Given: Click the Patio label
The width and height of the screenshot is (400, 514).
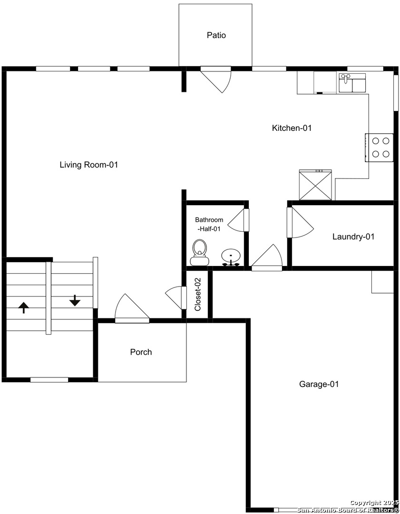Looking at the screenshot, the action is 216,35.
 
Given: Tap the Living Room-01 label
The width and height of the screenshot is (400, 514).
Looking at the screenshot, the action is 89,165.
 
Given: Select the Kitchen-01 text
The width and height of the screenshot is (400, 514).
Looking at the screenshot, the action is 292,128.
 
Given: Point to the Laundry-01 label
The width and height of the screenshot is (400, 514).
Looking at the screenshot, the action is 353,237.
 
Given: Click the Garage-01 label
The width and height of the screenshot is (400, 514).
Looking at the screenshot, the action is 319,384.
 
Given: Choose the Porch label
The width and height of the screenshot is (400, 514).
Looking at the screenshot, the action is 141,352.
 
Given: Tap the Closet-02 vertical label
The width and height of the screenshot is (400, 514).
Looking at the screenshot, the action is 197,295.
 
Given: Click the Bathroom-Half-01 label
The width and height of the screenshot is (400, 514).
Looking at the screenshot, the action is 209,224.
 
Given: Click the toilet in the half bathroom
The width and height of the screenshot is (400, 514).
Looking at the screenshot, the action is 199,252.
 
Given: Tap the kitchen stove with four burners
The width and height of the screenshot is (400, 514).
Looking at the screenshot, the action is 379,148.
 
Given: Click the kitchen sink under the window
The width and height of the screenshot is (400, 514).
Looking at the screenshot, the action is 352,83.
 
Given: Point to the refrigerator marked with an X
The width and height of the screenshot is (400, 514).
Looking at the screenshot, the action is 315,185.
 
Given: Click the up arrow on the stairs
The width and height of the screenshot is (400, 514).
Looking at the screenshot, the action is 24,308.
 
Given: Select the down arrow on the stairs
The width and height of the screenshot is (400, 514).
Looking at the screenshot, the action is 75,301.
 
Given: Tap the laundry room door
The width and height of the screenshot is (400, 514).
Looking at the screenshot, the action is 300,222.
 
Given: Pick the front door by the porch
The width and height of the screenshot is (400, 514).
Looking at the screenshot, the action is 132,308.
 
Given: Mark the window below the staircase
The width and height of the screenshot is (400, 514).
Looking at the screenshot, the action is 49,380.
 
